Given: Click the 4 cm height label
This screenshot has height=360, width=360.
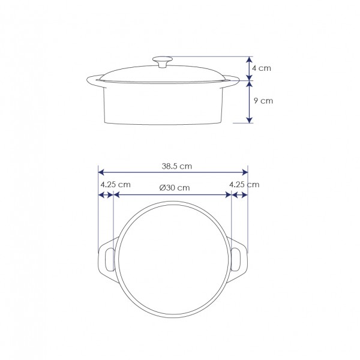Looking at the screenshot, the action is click(262, 68).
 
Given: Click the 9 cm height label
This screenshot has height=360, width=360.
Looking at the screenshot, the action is click(263, 101).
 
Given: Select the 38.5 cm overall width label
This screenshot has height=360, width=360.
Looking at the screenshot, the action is click(177, 166).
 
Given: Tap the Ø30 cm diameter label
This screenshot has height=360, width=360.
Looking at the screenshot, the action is click(175, 188).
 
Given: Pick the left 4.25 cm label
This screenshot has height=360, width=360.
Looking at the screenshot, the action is click(115, 185).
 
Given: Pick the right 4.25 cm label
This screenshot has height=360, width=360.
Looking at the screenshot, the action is click(244, 185).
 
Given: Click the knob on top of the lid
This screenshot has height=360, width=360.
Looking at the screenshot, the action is click(163, 62).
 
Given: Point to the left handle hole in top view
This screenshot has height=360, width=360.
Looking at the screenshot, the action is click(110, 260).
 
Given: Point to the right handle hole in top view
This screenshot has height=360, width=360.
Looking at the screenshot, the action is click(236, 259).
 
